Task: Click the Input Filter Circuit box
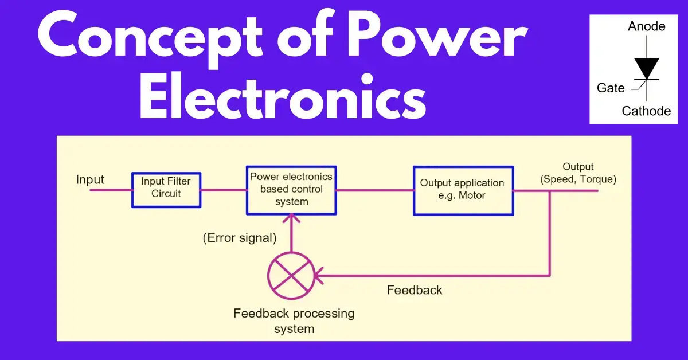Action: (166, 190)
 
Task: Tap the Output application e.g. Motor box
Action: (462, 190)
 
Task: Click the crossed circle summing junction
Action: (291, 275)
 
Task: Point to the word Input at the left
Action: (90, 180)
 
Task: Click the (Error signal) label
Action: (240, 238)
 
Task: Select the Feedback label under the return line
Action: (415, 290)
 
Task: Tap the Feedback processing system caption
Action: (294, 321)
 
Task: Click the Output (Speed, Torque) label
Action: (578, 173)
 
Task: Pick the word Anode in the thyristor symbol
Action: (647, 26)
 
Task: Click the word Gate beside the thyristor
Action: (611, 88)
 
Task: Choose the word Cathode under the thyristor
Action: (647, 111)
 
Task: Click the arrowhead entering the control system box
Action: (291, 217)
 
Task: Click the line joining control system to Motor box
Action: (375, 190)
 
